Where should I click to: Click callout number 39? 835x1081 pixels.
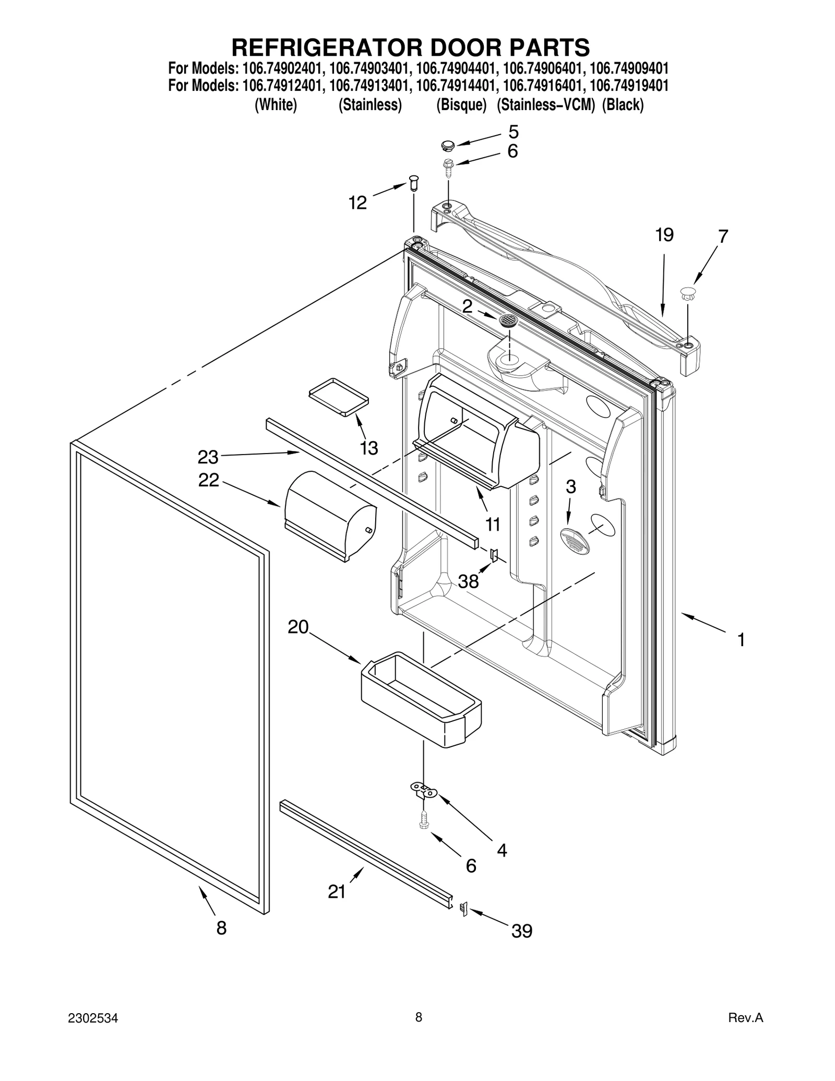521,931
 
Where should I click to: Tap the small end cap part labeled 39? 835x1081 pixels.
462,909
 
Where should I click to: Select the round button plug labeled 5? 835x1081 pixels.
448,144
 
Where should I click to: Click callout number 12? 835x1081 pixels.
357,203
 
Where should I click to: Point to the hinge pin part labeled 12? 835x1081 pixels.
414,183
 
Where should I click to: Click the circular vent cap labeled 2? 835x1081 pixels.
507,320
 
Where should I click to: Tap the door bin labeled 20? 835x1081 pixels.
421,698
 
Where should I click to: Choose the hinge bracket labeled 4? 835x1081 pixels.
424,793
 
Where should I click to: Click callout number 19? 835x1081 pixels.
664,235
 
